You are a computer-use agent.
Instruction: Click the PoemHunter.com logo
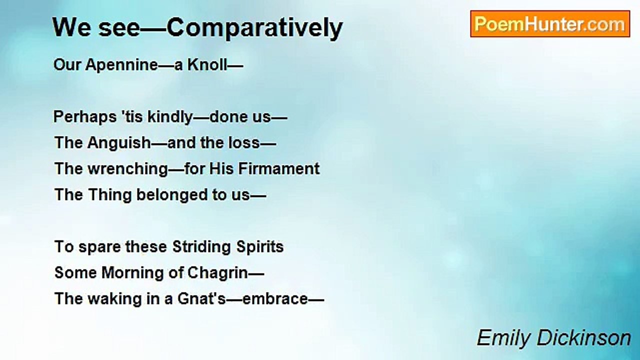click(x=550, y=24)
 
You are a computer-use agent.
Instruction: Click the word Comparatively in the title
click(x=254, y=28)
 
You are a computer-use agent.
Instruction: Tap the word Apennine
click(x=121, y=65)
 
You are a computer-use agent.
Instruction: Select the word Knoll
click(x=207, y=64)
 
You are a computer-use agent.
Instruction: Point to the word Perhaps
click(x=84, y=117)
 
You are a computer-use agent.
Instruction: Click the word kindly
click(x=170, y=117)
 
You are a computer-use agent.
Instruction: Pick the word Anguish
click(x=119, y=143)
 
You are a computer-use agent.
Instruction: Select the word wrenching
click(x=128, y=169)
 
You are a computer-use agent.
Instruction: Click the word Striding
click(x=201, y=247)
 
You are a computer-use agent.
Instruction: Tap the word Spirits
click(x=259, y=247)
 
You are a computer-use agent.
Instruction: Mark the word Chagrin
click(x=217, y=273)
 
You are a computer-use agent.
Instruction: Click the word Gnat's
click(x=201, y=298)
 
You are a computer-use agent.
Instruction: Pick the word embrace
click(x=275, y=299)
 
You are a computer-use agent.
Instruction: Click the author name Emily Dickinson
click(x=553, y=338)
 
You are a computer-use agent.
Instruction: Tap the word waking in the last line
click(x=114, y=299)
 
